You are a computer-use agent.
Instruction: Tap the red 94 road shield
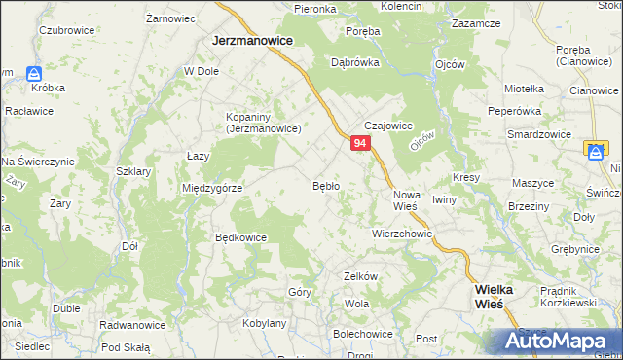click(x=360, y=144)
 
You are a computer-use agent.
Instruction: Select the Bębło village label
click(x=325, y=185)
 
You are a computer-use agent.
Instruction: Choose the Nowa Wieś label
click(x=406, y=201)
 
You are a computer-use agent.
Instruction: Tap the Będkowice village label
click(x=240, y=236)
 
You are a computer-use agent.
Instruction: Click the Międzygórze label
click(x=212, y=188)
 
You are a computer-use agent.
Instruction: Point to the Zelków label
click(x=360, y=276)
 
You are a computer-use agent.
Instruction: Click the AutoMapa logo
click(x=558, y=342)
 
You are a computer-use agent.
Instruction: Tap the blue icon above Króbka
click(x=34, y=73)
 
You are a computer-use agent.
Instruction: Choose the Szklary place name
click(x=132, y=170)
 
